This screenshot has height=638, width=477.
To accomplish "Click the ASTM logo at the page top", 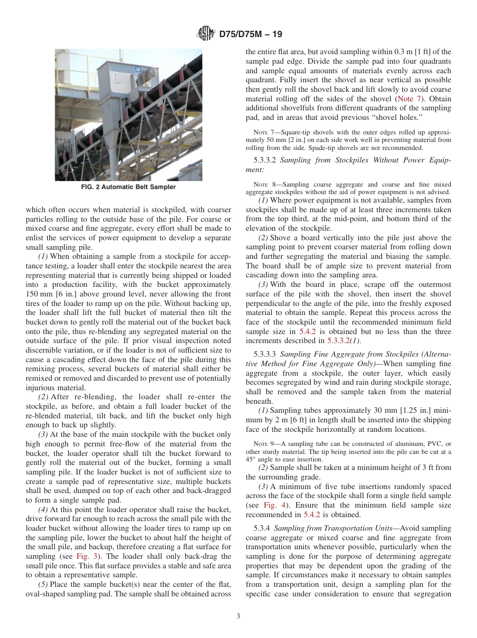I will (x=205, y=34).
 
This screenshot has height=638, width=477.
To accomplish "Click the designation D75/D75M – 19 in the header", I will (x=251, y=34).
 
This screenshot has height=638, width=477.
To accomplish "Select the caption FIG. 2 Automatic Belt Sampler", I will (x=129, y=187).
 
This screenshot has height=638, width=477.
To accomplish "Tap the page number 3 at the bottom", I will (x=238, y=616).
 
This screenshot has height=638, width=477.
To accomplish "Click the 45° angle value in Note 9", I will (x=253, y=459).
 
